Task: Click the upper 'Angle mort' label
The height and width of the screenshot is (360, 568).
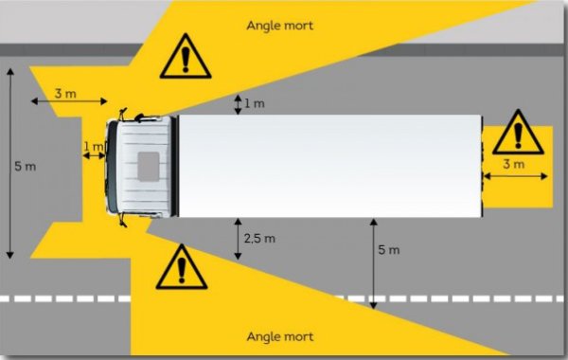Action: (x=279, y=26)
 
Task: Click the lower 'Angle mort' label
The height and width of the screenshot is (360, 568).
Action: (x=279, y=337)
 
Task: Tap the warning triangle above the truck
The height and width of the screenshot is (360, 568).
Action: (x=186, y=57)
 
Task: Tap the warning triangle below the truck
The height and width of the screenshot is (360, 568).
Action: (x=182, y=267)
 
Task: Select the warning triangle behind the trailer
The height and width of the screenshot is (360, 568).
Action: (x=518, y=133)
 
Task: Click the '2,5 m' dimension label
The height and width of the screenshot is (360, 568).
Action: (x=259, y=239)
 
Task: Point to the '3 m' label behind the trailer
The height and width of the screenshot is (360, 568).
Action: (x=514, y=165)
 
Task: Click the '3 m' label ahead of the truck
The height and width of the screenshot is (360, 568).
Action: (x=65, y=94)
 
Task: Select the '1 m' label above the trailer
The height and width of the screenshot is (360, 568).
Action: (x=255, y=103)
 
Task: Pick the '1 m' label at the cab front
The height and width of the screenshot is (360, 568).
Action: (x=93, y=147)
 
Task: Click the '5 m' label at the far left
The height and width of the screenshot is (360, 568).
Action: (x=25, y=167)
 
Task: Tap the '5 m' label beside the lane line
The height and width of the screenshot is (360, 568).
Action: (x=389, y=250)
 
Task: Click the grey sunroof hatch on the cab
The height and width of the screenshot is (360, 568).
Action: (x=149, y=167)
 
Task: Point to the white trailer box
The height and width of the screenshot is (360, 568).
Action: (x=330, y=167)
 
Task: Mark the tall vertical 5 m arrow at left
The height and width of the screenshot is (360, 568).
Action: (x=10, y=163)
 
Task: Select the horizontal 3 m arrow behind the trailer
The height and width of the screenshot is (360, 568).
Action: (x=516, y=176)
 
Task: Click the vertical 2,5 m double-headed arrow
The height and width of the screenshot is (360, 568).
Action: (x=238, y=239)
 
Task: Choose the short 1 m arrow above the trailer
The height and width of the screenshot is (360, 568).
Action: (x=238, y=104)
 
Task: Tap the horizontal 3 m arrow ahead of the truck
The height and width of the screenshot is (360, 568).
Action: (x=69, y=101)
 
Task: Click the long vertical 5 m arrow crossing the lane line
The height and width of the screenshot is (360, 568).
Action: (x=374, y=263)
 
